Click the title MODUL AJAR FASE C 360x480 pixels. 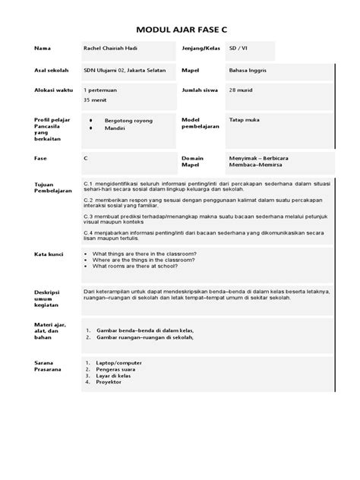[180, 30]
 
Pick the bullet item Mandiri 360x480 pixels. [115, 129]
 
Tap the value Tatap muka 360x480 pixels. [245, 120]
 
